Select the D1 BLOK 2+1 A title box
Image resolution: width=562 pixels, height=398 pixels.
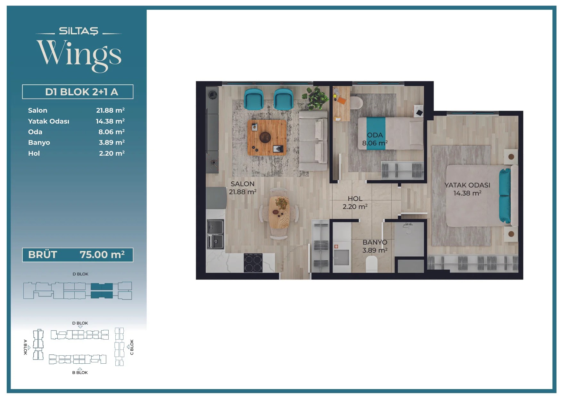[x=78, y=92]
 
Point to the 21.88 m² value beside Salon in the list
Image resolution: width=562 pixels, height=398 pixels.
[x=110, y=110]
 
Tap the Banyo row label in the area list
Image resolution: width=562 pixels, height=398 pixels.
[x=39, y=143]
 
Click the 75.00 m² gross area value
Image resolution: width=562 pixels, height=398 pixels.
[x=102, y=255]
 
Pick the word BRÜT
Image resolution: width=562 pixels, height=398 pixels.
[x=43, y=255]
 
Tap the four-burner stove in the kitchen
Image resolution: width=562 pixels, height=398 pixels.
[x=253, y=263]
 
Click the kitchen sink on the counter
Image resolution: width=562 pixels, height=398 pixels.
[x=215, y=234]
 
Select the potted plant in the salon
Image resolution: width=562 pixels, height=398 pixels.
[x=316, y=98]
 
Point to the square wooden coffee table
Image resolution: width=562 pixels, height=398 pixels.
[x=267, y=137]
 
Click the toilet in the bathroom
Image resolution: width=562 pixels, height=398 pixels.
[x=372, y=264]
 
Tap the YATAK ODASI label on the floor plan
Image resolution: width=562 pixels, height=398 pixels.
[x=467, y=185]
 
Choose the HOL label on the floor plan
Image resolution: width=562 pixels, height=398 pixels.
[x=355, y=199]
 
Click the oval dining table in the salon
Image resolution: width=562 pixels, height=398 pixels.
[x=279, y=212]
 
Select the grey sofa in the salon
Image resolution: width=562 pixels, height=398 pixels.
[x=313, y=141]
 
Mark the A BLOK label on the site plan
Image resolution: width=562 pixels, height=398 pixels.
[x=25, y=347]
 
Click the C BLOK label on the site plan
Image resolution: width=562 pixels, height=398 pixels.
[x=132, y=347]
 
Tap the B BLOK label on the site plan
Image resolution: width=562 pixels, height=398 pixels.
[x=80, y=373]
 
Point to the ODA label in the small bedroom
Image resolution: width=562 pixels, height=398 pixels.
[x=375, y=135]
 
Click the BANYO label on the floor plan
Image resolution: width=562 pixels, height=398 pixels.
[x=375, y=242]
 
